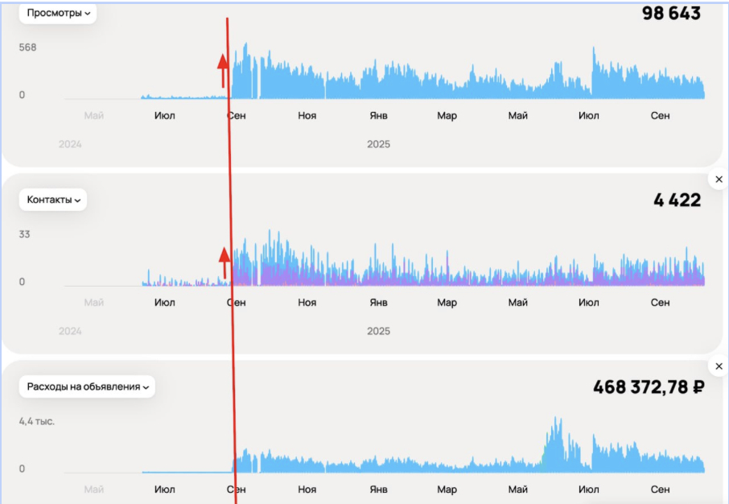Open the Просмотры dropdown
click(x=59, y=13)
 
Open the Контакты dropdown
click(x=54, y=200)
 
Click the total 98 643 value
click(x=671, y=14)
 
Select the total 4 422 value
click(x=677, y=200)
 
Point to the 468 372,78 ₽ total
click(x=649, y=387)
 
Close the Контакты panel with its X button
click(x=719, y=180)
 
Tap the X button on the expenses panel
click(x=719, y=366)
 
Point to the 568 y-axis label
click(x=28, y=48)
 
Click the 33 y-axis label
click(x=25, y=234)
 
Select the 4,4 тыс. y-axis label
click(x=37, y=421)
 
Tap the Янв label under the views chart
click(x=377, y=116)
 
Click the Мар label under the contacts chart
click(x=447, y=303)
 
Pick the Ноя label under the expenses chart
click(x=307, y=490)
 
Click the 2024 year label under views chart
click(x=70, y=144)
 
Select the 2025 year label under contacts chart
click(x=378, y=331)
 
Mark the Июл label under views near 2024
click(x=164, y=116)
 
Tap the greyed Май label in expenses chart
click(x=94, y=490)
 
